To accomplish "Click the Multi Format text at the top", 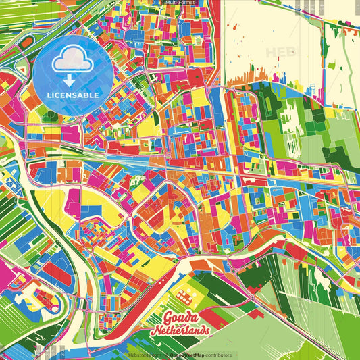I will pos(180,3).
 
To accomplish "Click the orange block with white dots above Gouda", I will pos(184,296).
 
